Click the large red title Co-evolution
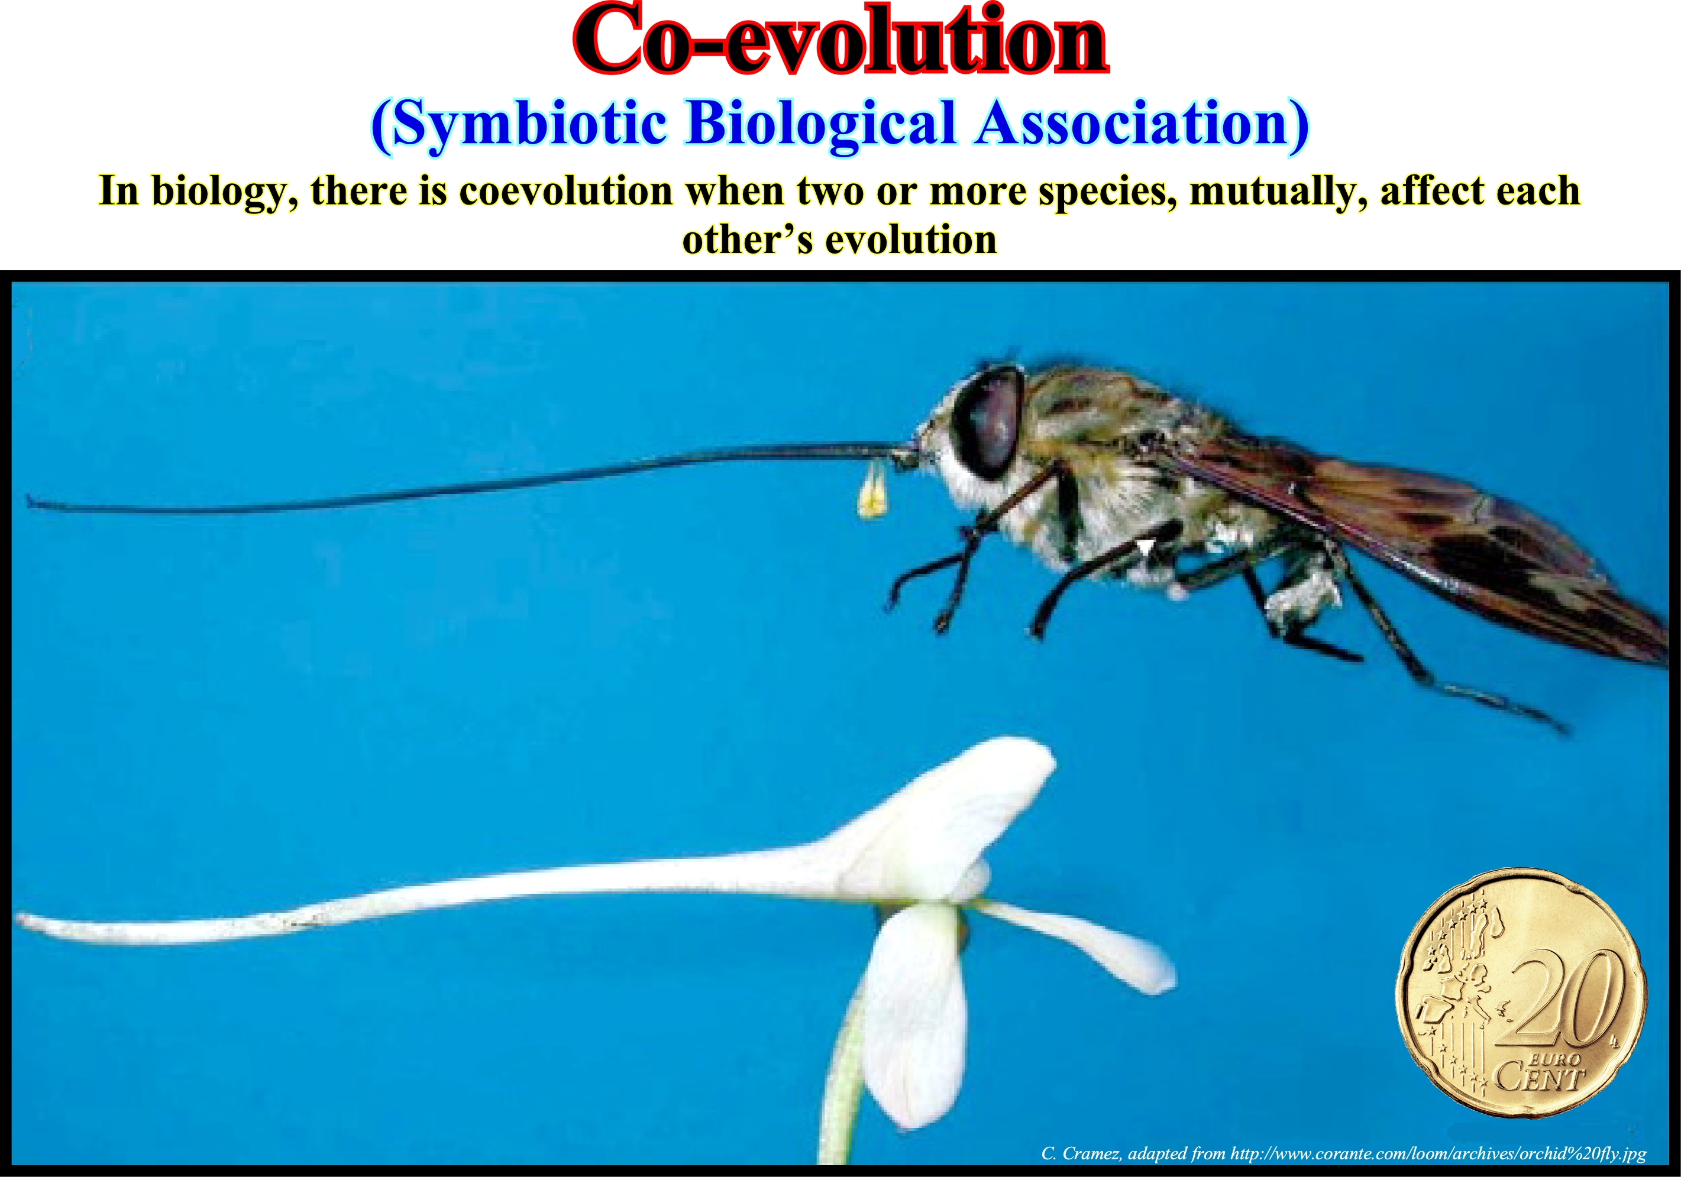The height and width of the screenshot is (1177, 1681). coord(840,41)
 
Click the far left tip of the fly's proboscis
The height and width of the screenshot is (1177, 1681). coord(28,501)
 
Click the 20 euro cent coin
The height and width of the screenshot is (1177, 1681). coord(1522,994)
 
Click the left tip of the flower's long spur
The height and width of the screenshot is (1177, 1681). coord(19,919)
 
